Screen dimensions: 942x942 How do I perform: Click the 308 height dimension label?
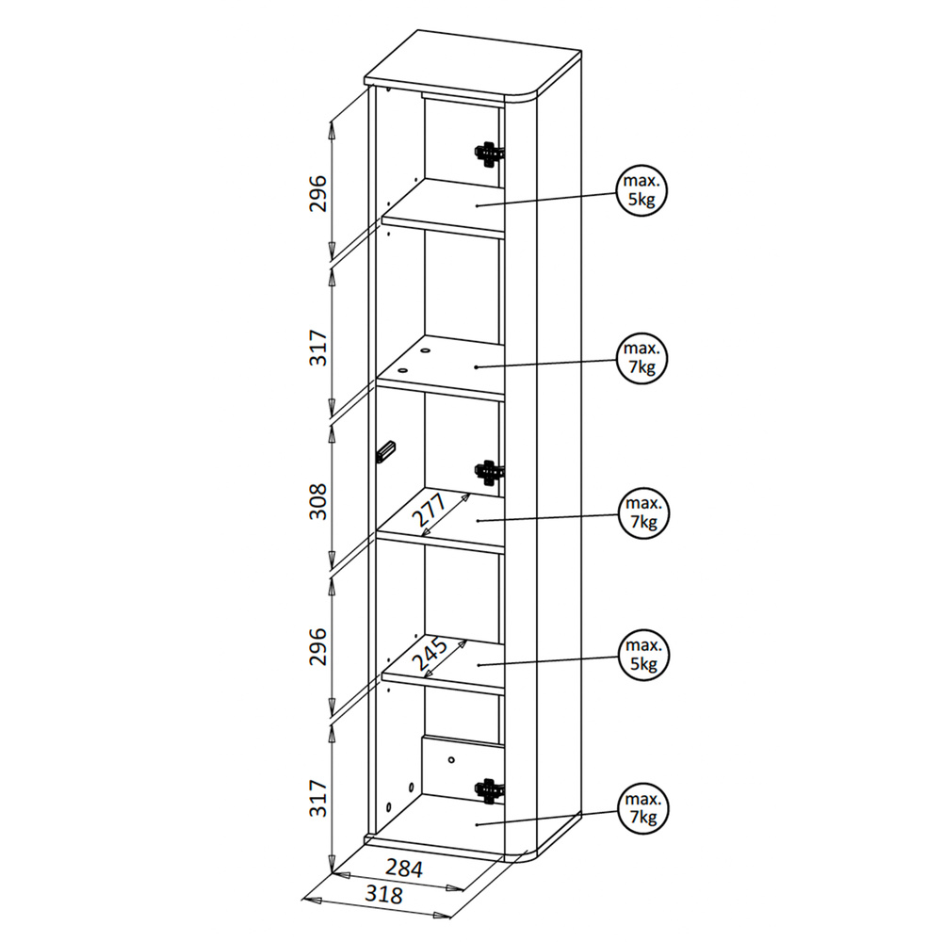click(x=317, y=501)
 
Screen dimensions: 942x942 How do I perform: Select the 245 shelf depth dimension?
click(x=430, y=655)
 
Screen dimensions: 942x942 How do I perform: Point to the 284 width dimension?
click(x=404, y=869)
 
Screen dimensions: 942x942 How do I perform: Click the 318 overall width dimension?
click(x=383, y=895)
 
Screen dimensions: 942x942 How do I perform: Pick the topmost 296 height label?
click(x=317, y=193)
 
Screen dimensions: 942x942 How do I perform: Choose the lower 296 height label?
click(x=317, y=646)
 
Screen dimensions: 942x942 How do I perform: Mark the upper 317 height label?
click(x=317, y=348)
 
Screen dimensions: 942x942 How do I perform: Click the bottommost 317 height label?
click(x=317, y=798)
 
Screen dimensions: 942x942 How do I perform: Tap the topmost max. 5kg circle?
click(x=642, y=190)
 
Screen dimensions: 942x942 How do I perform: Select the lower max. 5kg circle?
click(x=643, y=655)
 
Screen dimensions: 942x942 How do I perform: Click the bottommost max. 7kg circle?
click(x=642, y=808)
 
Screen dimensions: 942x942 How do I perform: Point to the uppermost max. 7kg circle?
click(x=642, y=358)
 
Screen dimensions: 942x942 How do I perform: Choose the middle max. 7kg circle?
click(x=643, y=513)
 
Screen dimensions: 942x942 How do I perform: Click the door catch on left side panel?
click(x=385, y=451)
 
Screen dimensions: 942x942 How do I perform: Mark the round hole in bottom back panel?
click(x=451, y=760)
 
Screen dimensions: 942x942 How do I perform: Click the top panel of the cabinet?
click(x=473, y=65)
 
